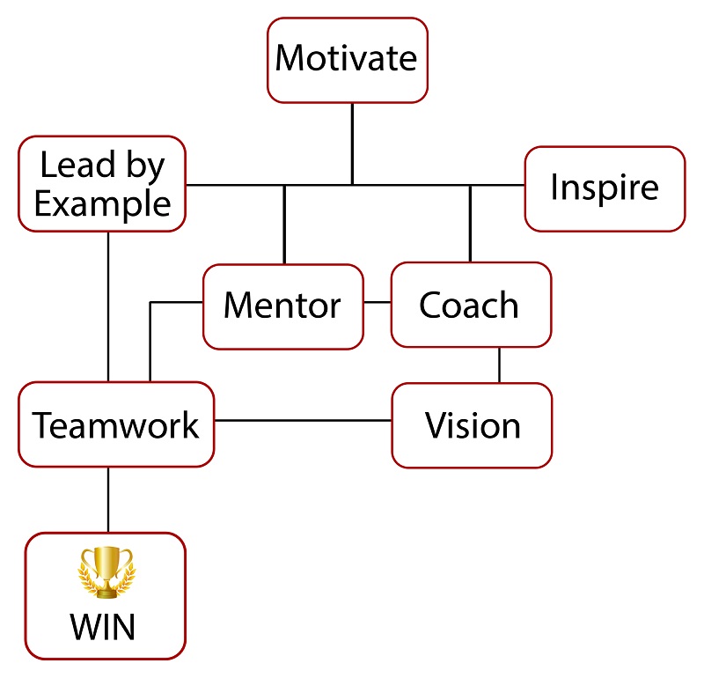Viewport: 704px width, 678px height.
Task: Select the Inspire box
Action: click(605, 188)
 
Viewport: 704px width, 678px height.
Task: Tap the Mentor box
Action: click(282, 306)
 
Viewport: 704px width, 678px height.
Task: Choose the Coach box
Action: click(470, 305)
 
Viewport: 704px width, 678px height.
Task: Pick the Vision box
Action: click(472, 426)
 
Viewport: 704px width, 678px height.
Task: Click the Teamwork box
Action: click(116, 425)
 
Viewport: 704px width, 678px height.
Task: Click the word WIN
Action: click(104, 627)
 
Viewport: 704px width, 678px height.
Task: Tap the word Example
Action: click(102, 204)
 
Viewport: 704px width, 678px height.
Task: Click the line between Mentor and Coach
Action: click(377, 303)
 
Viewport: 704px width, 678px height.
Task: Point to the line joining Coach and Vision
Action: click(500, 365)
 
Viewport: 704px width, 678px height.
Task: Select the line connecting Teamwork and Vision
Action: click(303, 420)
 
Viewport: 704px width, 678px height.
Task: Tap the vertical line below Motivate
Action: click(352, 143)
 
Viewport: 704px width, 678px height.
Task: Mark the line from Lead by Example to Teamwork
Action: click(108, 306)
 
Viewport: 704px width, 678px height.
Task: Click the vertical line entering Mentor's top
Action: click(284, 225)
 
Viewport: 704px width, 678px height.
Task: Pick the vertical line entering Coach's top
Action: click(470, 224)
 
